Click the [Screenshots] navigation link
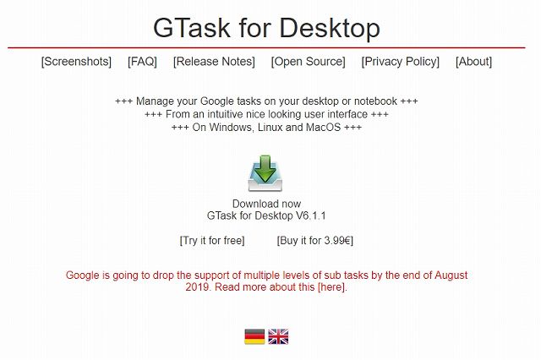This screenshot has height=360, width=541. [76, 62]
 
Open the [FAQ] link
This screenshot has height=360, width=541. [142, 62]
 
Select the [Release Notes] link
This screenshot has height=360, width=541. [214, 62]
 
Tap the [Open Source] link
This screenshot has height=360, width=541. [308, 62]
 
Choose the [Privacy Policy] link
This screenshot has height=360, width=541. [400, 62]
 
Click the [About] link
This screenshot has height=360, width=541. [473, 62]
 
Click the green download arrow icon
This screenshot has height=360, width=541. [265, 172]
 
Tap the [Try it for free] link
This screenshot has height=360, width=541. [212, 241]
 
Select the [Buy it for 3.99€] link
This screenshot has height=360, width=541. [314, 241]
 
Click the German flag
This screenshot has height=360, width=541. [254, 336]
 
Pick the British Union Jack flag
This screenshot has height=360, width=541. [278, 336]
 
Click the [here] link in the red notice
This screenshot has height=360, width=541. [331, 287]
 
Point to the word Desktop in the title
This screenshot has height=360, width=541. [327, 28]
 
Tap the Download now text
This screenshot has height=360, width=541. [266, 204]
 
